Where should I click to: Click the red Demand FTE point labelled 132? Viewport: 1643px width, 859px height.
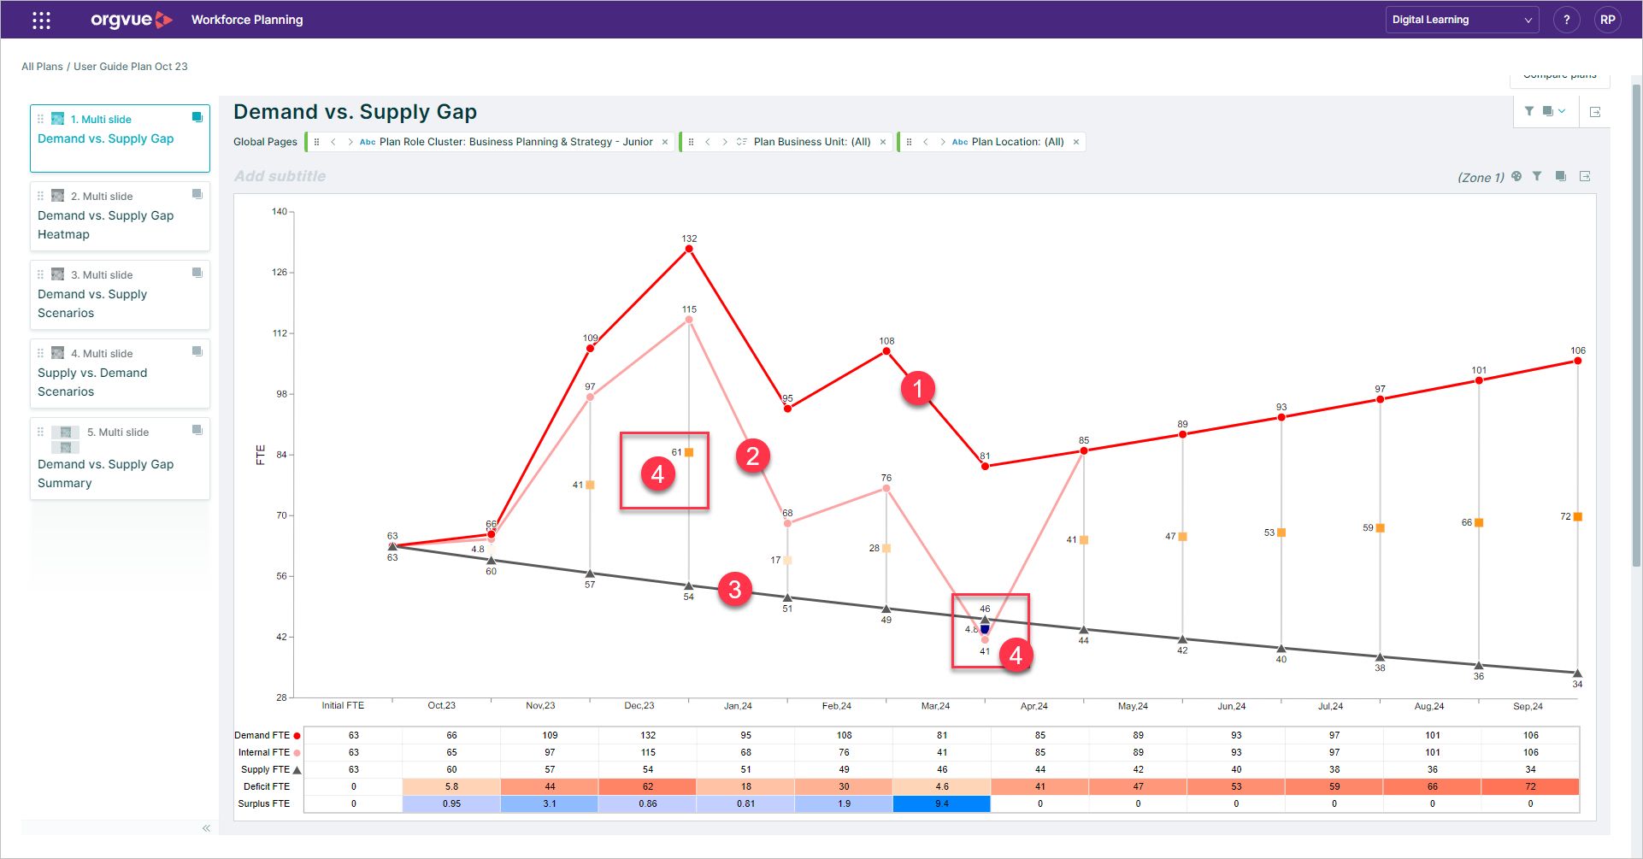click(689, 249)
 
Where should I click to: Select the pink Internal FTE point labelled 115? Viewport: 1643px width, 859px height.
click(689, 320)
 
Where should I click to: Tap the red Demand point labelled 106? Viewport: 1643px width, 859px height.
click(1578, 361)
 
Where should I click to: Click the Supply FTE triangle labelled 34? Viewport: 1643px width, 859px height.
click(1578, 674)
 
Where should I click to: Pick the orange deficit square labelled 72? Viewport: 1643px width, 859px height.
click(1578, 516)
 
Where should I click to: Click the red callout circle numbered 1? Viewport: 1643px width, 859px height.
click(918, 389)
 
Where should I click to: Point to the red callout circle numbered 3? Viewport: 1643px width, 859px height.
click(735, 589)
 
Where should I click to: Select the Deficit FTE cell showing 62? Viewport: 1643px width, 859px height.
click(648, 786)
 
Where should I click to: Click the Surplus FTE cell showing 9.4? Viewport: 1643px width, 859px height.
click(942, 803)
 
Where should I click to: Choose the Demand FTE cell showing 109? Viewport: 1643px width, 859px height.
click(550, 735)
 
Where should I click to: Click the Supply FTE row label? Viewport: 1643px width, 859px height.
click(265, 769)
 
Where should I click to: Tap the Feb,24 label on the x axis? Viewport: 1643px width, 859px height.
click(837, 706)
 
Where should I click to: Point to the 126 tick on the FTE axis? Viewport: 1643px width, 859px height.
click(280, 273)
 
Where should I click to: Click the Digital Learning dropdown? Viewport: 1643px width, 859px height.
click(1462, 20)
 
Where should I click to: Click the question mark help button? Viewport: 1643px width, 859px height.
click(1567, 20)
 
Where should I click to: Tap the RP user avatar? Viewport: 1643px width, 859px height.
click(1608, 20)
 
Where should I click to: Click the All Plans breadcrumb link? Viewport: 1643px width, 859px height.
click(42, 67)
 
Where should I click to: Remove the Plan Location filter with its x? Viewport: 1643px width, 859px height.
click(1076, 142)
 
